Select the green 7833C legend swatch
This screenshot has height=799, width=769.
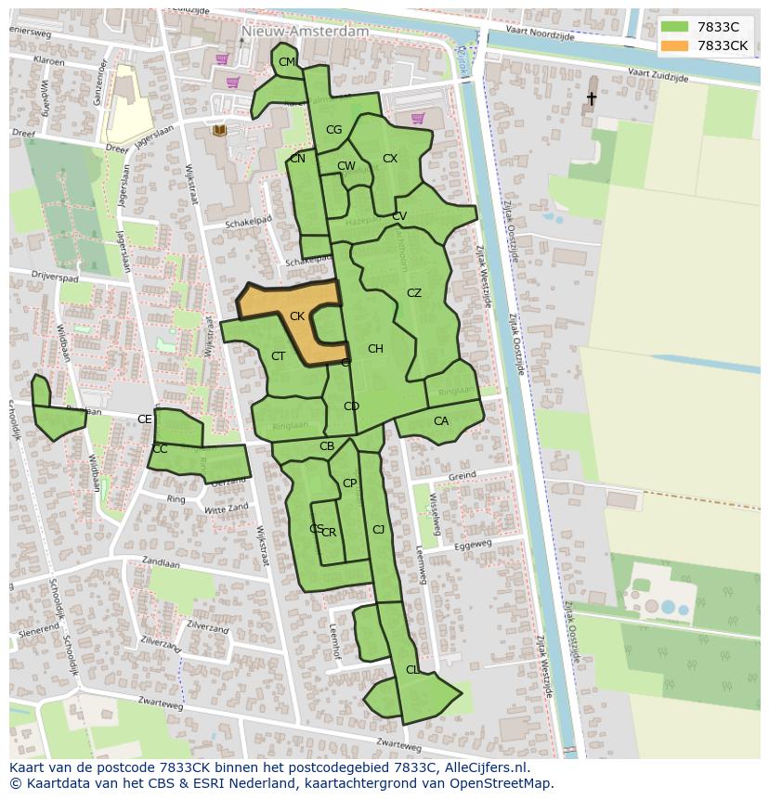pos(675,27)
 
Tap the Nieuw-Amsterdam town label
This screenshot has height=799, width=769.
pos(304,31)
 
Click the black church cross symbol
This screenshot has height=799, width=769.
pos(591,97)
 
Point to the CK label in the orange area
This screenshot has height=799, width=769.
pos(297,316)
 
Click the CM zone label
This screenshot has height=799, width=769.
pos(287,62)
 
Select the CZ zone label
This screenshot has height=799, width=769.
pos(414,293)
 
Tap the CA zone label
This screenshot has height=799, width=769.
pos(441,421)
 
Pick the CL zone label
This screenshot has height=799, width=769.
pos(412,669)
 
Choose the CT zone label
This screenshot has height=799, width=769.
pos(279,356)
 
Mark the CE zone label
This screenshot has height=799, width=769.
pos(145,419)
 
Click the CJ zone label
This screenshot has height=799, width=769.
pos(378,530)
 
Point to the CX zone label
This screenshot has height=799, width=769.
pos(390,159)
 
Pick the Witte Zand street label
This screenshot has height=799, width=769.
pos(227,509)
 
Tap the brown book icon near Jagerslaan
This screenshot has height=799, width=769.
pos(219,131)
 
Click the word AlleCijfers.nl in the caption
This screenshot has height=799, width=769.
pos(484,767)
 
